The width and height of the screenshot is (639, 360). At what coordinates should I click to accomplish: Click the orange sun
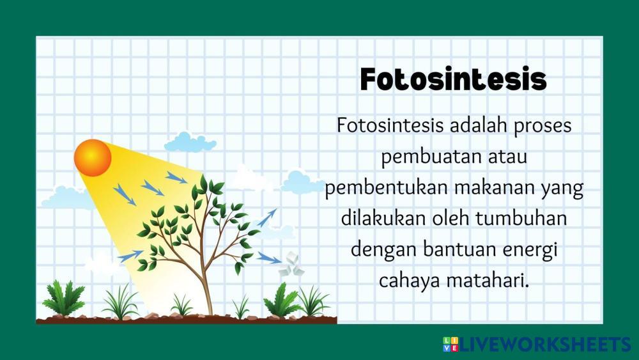pos(93,158)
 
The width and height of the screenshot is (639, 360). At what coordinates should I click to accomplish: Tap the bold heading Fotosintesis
pos(453,79)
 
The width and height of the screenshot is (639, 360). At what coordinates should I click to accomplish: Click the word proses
pos(543,127)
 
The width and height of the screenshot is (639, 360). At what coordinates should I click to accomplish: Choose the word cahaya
pos(409,281)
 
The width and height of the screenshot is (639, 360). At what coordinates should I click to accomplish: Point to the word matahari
pos(488,281)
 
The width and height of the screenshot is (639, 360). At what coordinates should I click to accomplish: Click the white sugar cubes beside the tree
pos(291,265)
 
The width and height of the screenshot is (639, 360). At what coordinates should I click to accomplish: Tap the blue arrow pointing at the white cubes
pos(269,258)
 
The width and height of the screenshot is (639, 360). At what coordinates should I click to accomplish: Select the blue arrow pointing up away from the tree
pos(266,217)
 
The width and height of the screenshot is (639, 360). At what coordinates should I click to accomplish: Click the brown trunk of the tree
pos(206,285)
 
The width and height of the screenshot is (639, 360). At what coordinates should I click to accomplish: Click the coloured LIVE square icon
pos(450,344)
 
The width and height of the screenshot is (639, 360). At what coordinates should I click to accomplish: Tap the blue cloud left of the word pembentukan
pos(301,182)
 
